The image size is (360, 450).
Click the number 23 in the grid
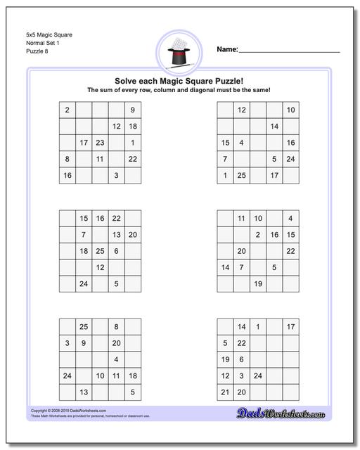pyautogui.click(x=100, y=143)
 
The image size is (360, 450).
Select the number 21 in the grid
pyautogui.click(x=225, y=392)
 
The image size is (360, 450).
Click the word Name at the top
pyautogui.click(x=227, y=49)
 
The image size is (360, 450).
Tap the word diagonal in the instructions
pyautogui.click(x=217, y=91)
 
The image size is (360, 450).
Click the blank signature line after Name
pyautogui.click(x=290, y=51)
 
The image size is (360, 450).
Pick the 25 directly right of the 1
pyautogui.click(x=241, y=175)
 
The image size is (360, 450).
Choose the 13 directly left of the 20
pyautogui.click(x=116, y=235)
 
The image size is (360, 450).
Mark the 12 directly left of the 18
pyautogui.click(x=116, y=127)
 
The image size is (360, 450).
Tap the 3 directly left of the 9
pyautogui.click(x=67, y=343)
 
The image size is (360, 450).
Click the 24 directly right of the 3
pyautogui.click(x=258, y=376)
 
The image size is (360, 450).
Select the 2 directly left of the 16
pyautogui.click(x=258, y=235)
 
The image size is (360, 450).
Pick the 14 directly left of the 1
pyautogui.click(x=241, y=327)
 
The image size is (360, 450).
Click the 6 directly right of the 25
pyautogui.click(x=116, y=251)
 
